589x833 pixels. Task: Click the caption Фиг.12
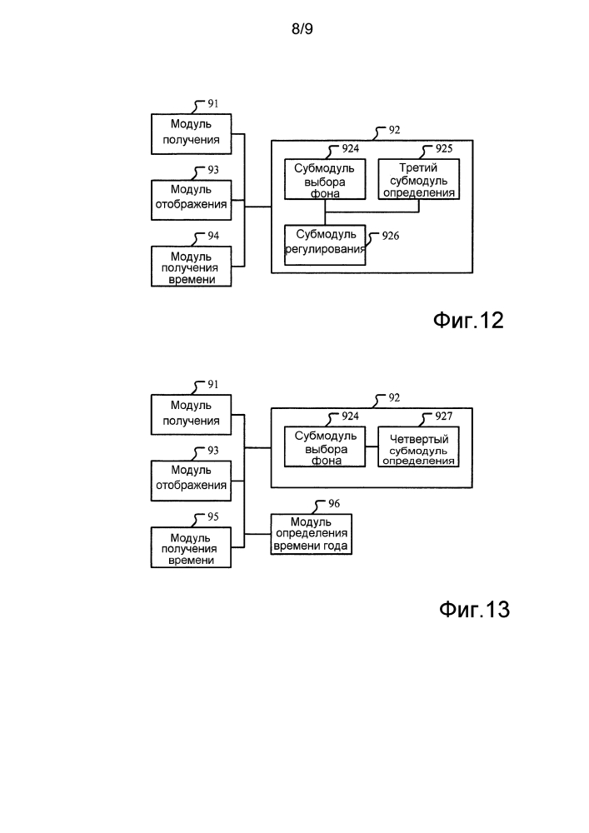[468, 321]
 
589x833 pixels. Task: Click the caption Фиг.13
[473, 610]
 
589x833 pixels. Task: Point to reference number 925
[444, 149]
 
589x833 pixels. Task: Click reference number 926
[390, 237]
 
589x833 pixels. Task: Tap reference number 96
[333, 505]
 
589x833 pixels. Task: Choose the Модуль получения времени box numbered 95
[191, 548]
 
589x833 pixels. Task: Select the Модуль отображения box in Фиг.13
[191, 479]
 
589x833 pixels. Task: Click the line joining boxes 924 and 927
[372, 448]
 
